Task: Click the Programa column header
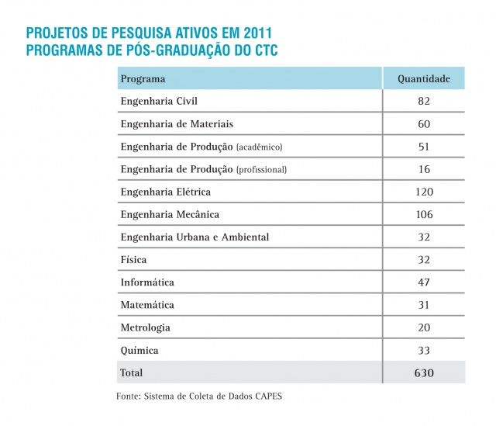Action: [143, 79]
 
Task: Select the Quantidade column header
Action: [423, 79]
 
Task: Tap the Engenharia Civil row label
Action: [153, 102]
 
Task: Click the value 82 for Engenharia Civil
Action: [423, 102]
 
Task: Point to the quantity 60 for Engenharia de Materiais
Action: [423, 124]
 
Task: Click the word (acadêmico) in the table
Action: [259, 147]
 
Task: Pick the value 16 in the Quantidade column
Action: [423, 169]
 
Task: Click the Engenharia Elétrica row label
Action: [165, 192]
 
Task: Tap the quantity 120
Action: [423, 192]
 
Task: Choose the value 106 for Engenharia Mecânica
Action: [423, 214]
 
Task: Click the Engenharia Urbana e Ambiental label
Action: [195, 237]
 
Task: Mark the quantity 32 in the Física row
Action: [423, 260]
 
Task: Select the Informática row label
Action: [147, 282]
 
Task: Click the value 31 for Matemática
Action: [423, 305]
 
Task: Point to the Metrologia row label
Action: [145, 327]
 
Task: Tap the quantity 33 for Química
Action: [423, 350]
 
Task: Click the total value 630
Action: [423, 373]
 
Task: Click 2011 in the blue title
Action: [255, 34]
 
